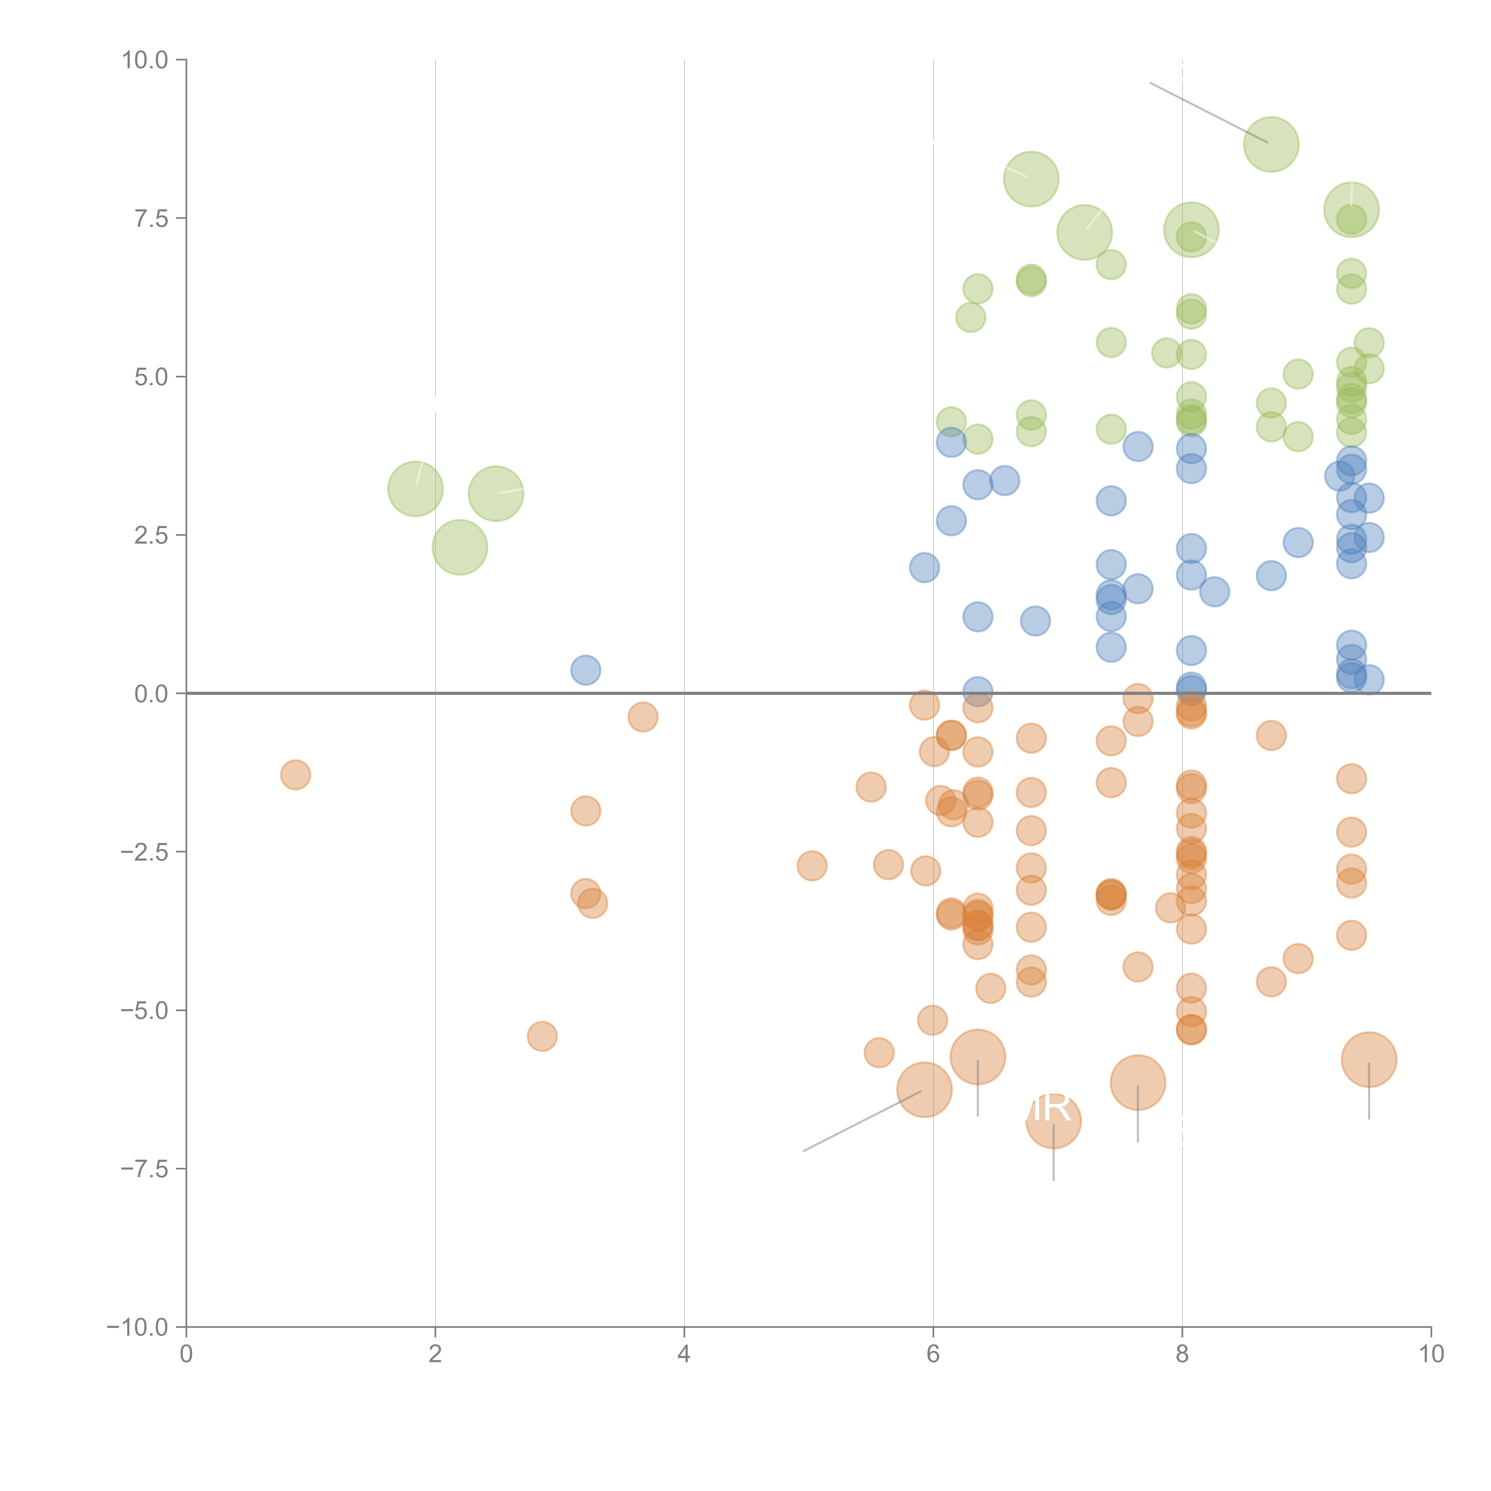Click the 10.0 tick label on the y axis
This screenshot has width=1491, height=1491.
[145, 60]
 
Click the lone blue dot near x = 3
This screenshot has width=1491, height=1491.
[586, 670]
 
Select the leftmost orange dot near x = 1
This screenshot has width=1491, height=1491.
[296, 774]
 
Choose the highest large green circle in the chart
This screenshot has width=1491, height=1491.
[1271, 144]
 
